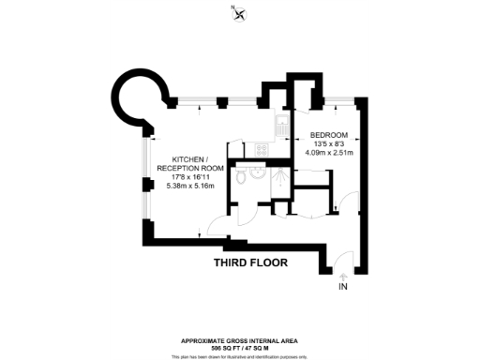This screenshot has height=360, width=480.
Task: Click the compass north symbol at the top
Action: point(241,12)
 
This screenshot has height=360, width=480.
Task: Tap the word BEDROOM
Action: point(329,134)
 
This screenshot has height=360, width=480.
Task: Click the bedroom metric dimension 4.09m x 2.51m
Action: point(329,153)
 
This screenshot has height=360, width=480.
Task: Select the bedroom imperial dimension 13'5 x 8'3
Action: point(329,143)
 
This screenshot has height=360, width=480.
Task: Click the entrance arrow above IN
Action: point(342,275)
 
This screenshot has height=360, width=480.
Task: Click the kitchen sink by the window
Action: point(280,125)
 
